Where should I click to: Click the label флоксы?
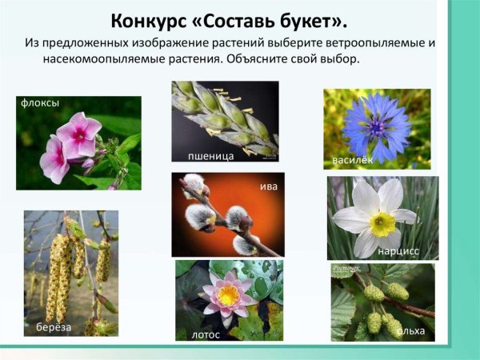click(41, 102)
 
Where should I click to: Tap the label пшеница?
click(210, 155)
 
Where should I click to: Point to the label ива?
click(269, 186)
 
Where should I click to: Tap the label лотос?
click(205, 334)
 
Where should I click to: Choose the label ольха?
click(412, 330)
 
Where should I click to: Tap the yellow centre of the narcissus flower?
click(382, 223)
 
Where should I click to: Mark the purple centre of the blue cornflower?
click(375, 126)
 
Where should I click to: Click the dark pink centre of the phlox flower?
click(79, 134)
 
